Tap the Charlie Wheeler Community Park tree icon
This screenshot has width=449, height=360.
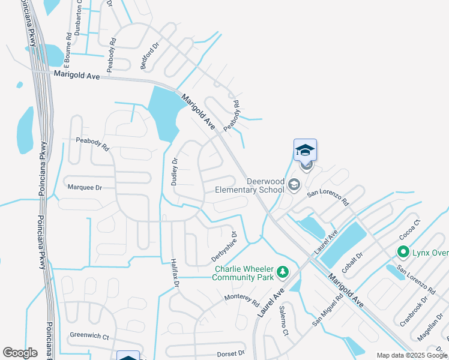coord(282,273)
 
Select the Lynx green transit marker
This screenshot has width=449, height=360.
coord(403,253)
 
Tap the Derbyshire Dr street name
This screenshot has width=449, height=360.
coord(224,247)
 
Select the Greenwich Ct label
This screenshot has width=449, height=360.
coord(89,337)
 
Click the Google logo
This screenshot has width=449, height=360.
coord(20,353)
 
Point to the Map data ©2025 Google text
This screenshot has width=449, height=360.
coord(411,355)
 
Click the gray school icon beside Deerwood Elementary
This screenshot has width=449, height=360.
coord(294,184)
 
